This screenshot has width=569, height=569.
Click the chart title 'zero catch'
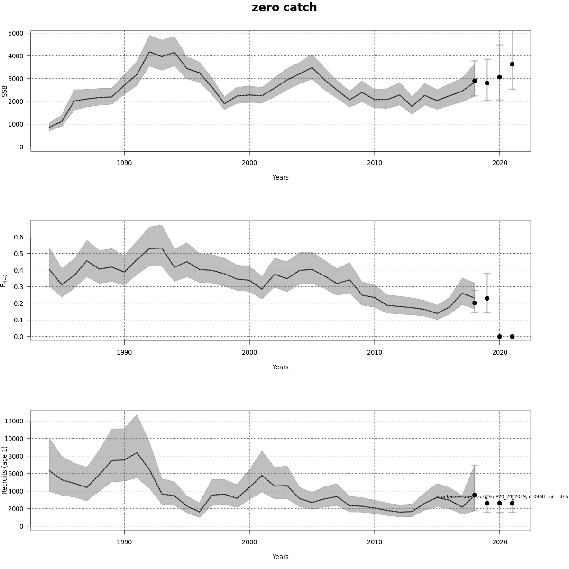pos(284,8)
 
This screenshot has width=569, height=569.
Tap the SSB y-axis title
pos(5,91)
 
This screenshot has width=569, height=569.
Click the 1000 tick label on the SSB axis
pos(16,124)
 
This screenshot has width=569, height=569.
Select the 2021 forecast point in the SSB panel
pos(512,64)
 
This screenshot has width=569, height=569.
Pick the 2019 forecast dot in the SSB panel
pos(487,83)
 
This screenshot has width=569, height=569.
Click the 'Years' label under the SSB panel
pos(280,177)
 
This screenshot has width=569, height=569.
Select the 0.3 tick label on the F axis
pos(19,287)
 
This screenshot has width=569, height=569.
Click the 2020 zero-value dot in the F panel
pos(499,337)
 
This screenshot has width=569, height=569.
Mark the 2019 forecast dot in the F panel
pos(487,298)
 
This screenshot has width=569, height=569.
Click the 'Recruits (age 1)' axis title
pos(5,470)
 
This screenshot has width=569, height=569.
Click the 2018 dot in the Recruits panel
pos(475,495)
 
